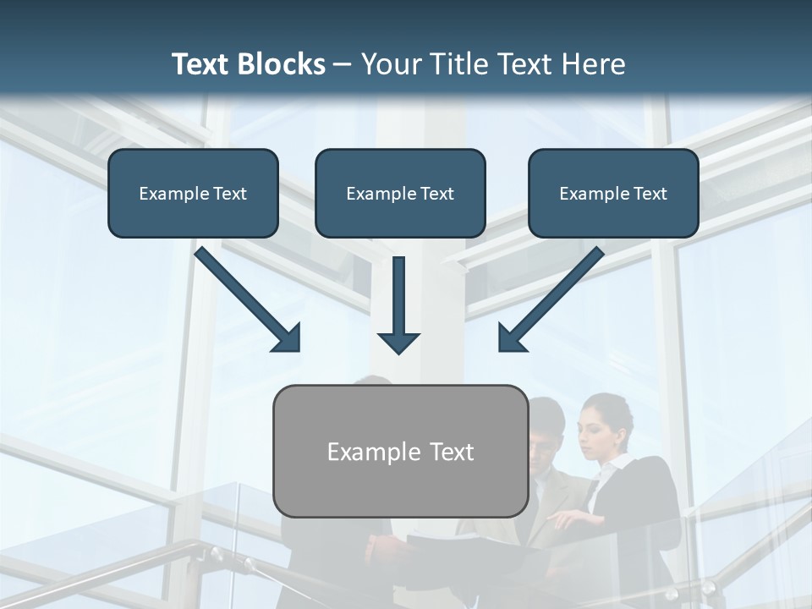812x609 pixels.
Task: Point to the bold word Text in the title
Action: tap(203, 64)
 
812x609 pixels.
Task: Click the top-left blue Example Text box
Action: tap(193, 193)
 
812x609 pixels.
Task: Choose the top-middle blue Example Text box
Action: tap(400, 193)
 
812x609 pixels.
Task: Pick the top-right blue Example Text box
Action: tap(613, 193)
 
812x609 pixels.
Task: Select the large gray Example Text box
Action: tap(400, 451)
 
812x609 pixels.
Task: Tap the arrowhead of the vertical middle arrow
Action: tap(398, 342)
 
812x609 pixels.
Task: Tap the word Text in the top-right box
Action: tap(649, 194)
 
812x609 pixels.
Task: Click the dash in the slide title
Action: tap(343, 65)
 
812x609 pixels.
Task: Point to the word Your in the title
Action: tap(391, 64)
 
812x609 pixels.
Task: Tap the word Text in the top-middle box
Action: tap(436, 194)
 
